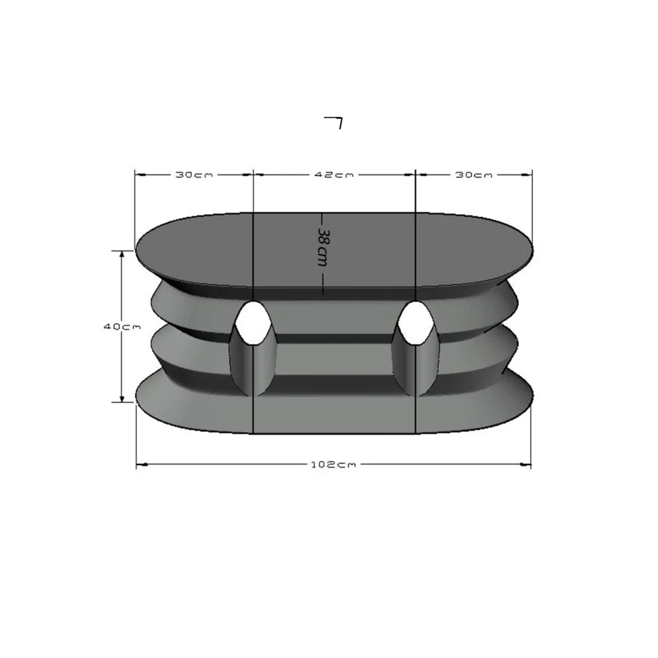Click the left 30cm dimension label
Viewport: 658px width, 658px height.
pyautogui.click(x=194, y=175)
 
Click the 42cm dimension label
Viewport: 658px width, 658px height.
pyautogui.click(x=334, y=175)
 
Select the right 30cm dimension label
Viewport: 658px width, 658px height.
pyautogui.click(x=474, y=175)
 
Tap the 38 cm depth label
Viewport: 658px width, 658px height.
pyautogui.click(x=322, y=247)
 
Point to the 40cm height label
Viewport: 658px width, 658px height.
pyautogui.click(x=122, y=326)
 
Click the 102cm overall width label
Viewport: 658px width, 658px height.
pyautogui.click(x=333, y=464)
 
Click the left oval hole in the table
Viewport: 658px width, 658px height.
pyautogui.click(x=252, y=322)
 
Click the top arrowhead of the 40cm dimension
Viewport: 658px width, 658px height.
pyautogui.click(x=122, y=255)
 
